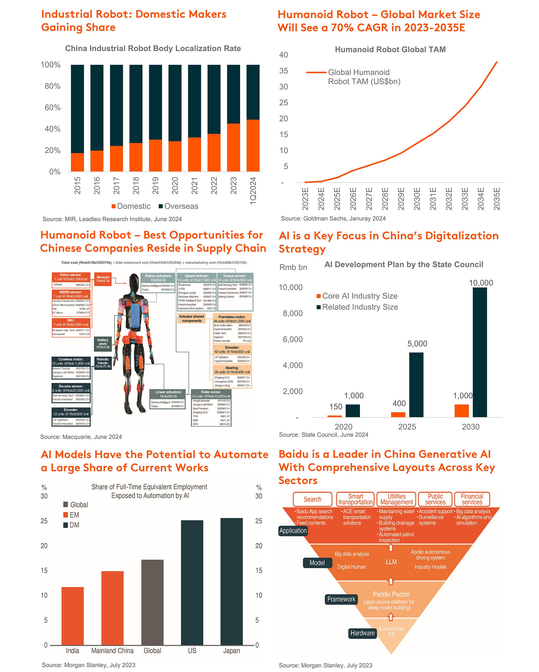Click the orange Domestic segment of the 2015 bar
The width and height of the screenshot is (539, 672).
coord(77,162)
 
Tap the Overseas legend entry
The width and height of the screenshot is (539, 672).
coord(178,206)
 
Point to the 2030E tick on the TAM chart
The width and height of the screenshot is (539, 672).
coord(417,198)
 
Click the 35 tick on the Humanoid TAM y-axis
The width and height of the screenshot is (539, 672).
coord(284,71)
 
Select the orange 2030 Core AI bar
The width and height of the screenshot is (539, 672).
coord(461,411)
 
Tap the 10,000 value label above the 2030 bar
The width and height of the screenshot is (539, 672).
coord(481,283)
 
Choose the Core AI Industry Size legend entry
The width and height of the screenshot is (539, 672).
coord(357,296)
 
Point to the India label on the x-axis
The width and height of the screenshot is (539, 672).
coord(72,650)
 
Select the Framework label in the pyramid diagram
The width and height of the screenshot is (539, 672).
coord(341,599)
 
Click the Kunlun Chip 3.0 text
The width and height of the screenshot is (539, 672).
coord(391,631)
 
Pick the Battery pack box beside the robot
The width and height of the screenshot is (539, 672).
coord(103,344)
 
